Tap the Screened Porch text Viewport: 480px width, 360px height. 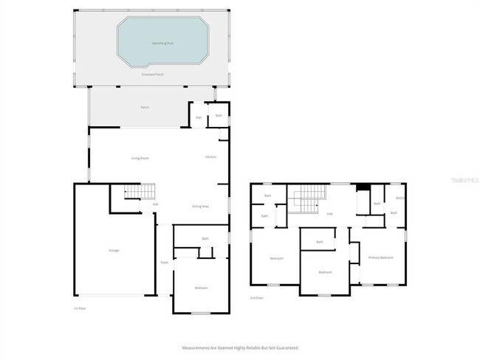pyautogui.click(x=153, y=75)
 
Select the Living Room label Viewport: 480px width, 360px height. pyautogui.click(x=140, y=158)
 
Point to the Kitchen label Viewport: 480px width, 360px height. pyautogui.click(x=210, y=157)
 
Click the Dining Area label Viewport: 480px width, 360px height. pyautogui.click(x=200, y=207)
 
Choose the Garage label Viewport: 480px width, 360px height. pyautogui.click(x=114, y=250)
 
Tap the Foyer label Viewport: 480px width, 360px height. pyautogui.click(x=164, y=262)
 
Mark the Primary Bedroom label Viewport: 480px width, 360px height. pyautogui.click(x=381, y=257)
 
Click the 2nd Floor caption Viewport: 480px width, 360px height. pyautogui.click(x=256, y=297)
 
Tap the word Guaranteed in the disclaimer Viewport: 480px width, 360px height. pyautogui.click(x=287, y=347)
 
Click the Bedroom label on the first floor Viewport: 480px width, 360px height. pyautogui.click(x=201, y=287)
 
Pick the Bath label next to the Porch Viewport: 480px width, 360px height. pyautogui.click(x=219, y=116)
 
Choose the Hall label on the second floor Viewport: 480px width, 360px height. pyautogui.click(x=329, y=214)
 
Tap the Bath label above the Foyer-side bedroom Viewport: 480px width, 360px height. pyautogui.click(x=205, y=238)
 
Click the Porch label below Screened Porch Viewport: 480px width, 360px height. pyautogui.click(x=145, y=108)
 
